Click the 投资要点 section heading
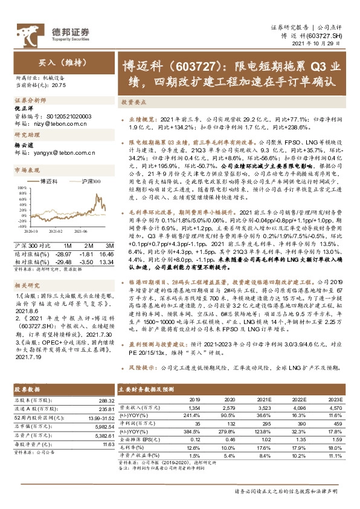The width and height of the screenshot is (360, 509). pyautogui.click(x=132, y=103)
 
